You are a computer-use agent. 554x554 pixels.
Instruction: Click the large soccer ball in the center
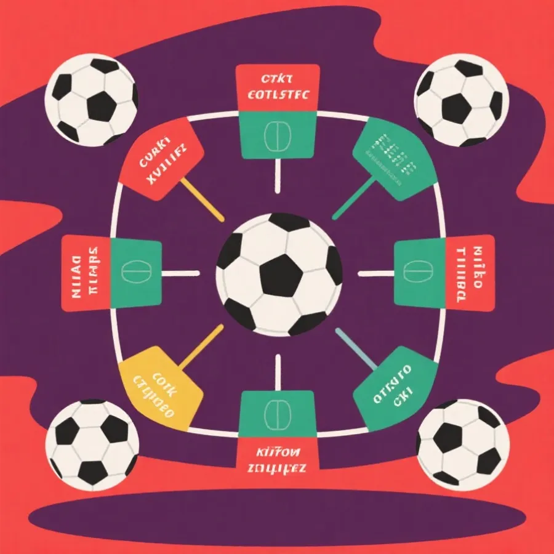tap(279, 275)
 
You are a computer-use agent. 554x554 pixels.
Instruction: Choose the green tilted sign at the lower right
tap(394, 388)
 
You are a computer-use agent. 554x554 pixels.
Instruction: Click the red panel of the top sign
tap(278, 88)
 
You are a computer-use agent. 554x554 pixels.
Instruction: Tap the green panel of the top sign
tap(278, 135)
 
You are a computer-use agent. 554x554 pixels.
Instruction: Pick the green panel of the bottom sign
tap(278, 414)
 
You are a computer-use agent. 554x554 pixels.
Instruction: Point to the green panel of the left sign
tap(136, 273)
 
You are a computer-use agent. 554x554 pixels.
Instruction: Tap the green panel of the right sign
tap(419, 273)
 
